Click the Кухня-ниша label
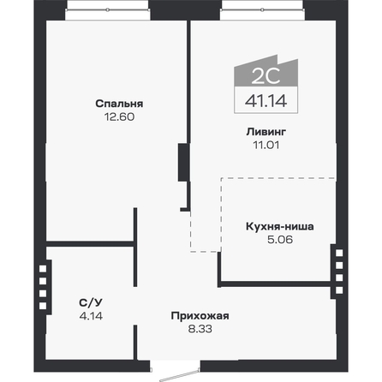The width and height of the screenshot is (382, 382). tap(279, 227)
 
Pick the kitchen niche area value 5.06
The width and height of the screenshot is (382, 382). tap(279, 241)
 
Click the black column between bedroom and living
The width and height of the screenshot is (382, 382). tap(182, 163)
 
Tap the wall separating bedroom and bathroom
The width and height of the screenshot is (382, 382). tap(90, 245)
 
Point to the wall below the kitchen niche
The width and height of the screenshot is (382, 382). tap(274, 281)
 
